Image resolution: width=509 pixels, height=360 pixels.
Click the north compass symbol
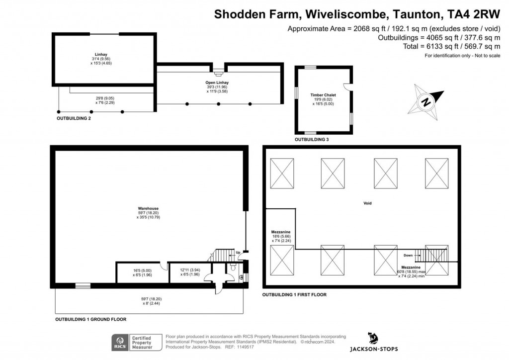pos(426,102)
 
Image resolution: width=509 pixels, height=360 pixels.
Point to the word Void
pos(367,203)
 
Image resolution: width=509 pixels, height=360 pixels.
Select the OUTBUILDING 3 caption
pos(312,140)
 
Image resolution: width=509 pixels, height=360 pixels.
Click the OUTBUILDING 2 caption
pos(74,119)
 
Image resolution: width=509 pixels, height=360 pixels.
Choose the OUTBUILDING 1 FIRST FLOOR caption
pos(294,295)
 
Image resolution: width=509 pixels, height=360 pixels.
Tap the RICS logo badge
pos(119,342)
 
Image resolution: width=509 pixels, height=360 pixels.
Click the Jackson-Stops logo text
pos(374,349)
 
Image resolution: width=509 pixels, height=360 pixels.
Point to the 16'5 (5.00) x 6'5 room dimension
pos(142,272)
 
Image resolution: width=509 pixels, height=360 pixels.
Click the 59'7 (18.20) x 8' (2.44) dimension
pos(152,300)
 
